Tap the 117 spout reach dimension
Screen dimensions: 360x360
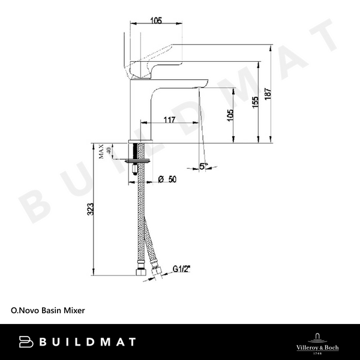(169, 120)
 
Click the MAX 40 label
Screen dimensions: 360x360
(105, 152)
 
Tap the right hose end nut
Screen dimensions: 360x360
(157, 275)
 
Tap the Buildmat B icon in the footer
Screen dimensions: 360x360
(25, 342)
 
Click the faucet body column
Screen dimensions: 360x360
(142, 111)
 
